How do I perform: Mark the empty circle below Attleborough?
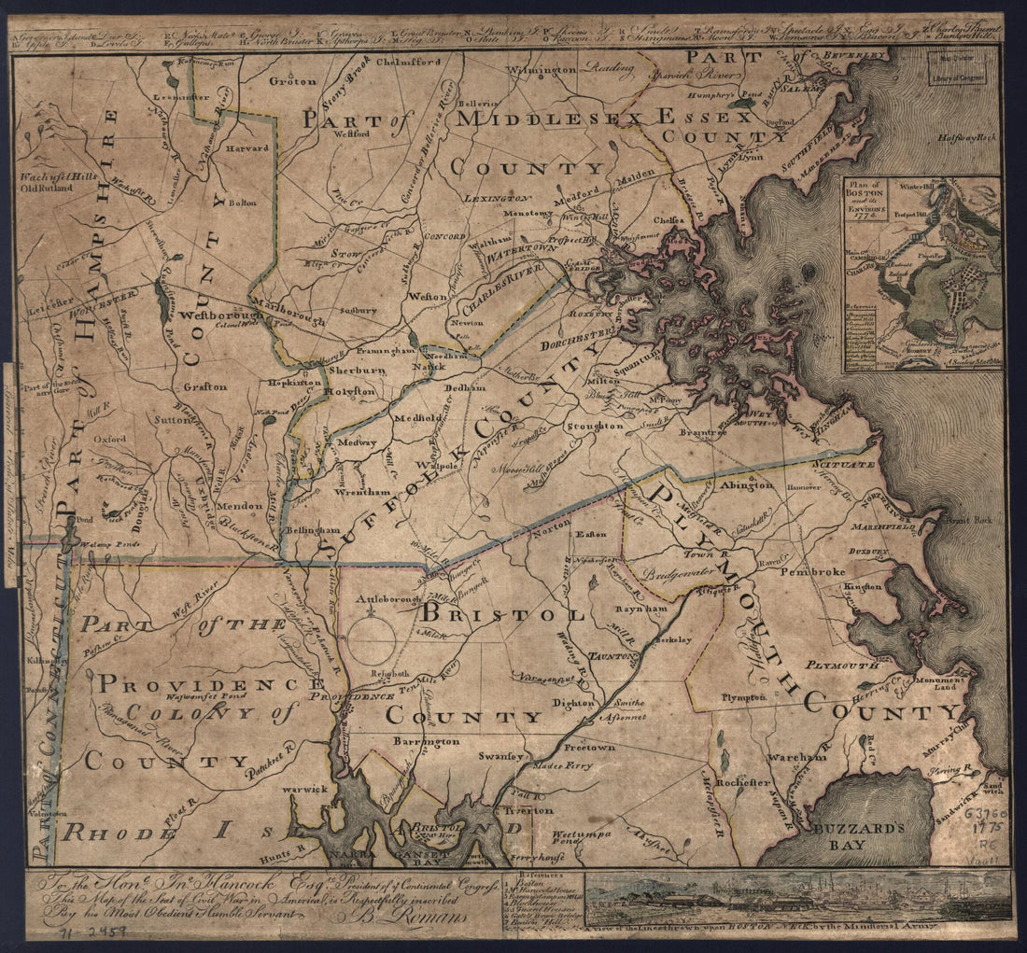point(373,641)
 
